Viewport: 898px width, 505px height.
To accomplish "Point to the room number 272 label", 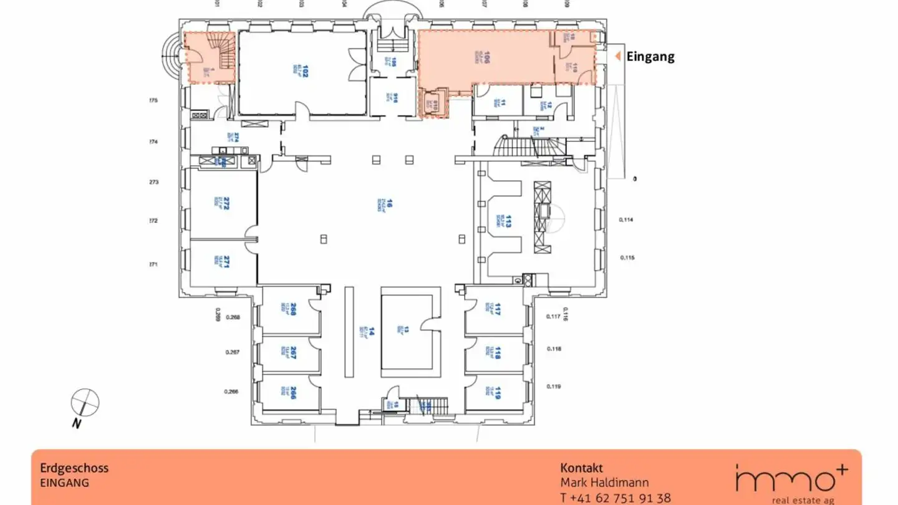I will tap(227, 204).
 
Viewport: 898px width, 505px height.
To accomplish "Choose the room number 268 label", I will tap(293, 308).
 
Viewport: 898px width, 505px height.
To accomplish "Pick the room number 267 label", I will tap(293, 353).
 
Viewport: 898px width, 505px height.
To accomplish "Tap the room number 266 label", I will tap(293, 393).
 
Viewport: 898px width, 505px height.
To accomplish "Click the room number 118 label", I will tap(498, 353).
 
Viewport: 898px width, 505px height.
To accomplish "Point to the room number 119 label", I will tap(498, 393).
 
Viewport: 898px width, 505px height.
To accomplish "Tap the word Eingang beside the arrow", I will tap(650, 57).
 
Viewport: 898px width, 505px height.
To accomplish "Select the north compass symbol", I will tap(85, 402).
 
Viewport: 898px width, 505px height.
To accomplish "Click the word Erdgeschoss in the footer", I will tap(74, 468).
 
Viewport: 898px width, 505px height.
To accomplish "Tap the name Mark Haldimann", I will tap(604, 483).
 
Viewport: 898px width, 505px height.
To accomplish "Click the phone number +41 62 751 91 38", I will tap(616, 498).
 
